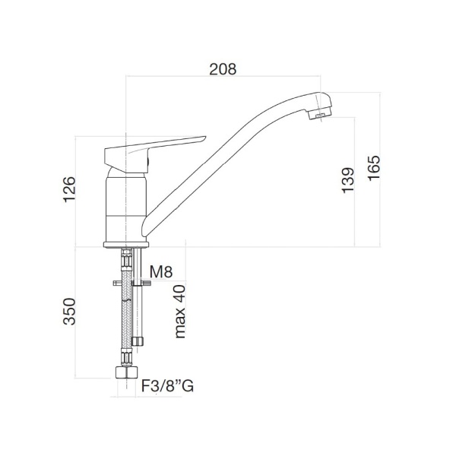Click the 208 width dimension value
[223, 68]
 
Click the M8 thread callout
[162, 272]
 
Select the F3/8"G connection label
[167, 386]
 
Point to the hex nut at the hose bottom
[122, 373]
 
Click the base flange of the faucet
[125, 243]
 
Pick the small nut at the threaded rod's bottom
[137, 340]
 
